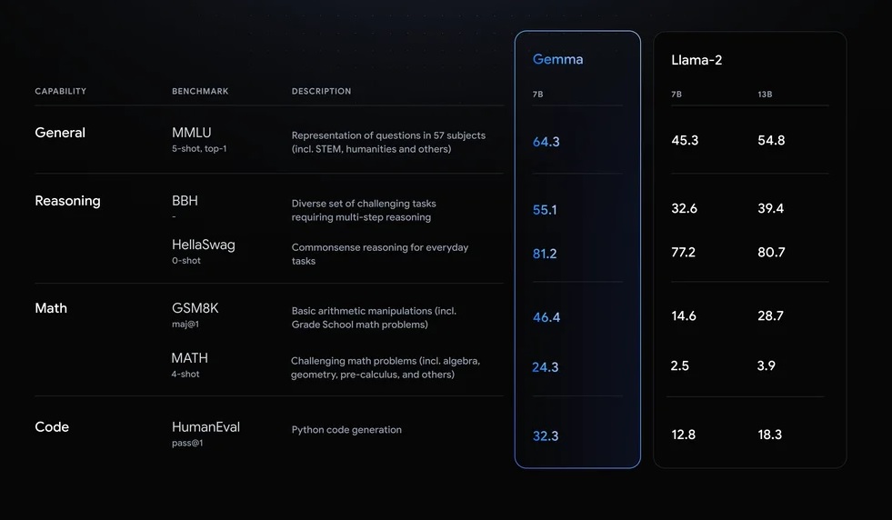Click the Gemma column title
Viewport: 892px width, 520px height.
(x=557, y=60)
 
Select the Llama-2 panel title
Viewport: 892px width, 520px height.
(x=697, y=60)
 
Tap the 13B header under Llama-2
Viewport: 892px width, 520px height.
(x=765, y=95)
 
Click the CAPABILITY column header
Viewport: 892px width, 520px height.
(x=60, y=92)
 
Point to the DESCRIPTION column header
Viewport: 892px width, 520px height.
(x=321, y=92)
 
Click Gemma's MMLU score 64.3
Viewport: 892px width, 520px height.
(x=546, y=142)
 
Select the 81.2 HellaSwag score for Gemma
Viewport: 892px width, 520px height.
(x=545, y=254)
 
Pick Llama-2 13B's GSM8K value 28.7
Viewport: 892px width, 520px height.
(x=770, y=315)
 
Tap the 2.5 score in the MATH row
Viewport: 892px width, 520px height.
(x=680, y=365)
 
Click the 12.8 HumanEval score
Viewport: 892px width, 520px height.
(x=684, y=435)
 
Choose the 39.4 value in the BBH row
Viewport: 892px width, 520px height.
(x=770, y=208)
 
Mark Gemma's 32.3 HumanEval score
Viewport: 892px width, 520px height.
(x=546, y=436)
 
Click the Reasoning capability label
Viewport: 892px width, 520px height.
(x=67, y=201)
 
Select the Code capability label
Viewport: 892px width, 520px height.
(x=52, y=427)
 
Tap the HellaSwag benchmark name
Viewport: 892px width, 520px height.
(x=203, y=245)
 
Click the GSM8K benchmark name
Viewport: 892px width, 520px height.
(x=195, y=308)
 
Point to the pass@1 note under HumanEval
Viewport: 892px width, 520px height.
(x=186, y=443)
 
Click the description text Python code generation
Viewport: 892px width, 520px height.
(x=346, y=430)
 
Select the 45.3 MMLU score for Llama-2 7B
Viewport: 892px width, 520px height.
(x=685, y=140)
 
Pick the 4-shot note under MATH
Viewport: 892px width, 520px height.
(x=185, y=374)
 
